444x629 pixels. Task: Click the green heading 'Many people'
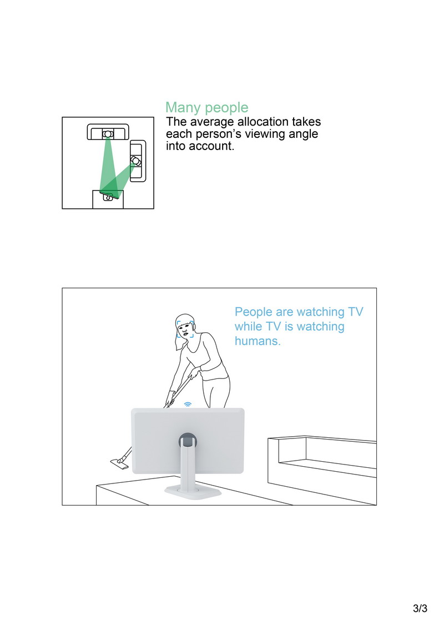[x=207, y=107]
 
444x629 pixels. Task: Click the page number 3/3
[x=420, y=608]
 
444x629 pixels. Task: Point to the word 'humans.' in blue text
[x=258, y=341]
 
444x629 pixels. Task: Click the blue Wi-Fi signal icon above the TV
[x=188, y=405]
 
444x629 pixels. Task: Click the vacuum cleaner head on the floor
[x=120, y=465]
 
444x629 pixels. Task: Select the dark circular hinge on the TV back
[x=188, y=440]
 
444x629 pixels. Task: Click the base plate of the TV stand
[x=193, y=491]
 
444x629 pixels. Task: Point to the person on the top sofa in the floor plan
[x=108, y=133]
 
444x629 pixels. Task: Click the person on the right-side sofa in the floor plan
[x=136, y=161]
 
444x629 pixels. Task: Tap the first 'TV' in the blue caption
[x=355, y=312]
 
